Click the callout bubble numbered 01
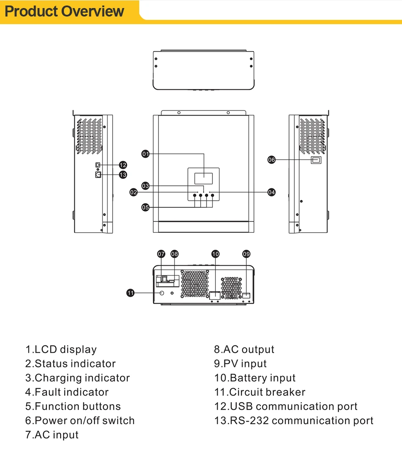tap(145, 154)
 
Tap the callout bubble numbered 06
tap(272, 160)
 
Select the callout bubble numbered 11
tap(130, 293)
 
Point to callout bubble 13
tap(123, 175)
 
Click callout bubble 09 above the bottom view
tap(246, 254)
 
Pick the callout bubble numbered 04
tap(272, 192)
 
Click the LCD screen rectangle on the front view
tap(204, 179)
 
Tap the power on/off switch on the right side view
tap(316, 160)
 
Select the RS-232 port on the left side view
tap(98, 174)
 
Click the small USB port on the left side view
tap(98, 165)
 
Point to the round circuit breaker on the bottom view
tap(162, 293)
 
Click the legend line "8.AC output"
tap(244, 349)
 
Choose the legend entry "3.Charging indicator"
tap(77, 378)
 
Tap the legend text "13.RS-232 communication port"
tap(294, 420)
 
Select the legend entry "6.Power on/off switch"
tap(80, 420)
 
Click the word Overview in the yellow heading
tap(93, 11)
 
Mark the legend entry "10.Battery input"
tap(255, 378)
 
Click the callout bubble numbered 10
tap(215, 254)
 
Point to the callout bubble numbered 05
tap(145, 207)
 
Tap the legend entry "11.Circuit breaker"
tap(259, 392)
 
